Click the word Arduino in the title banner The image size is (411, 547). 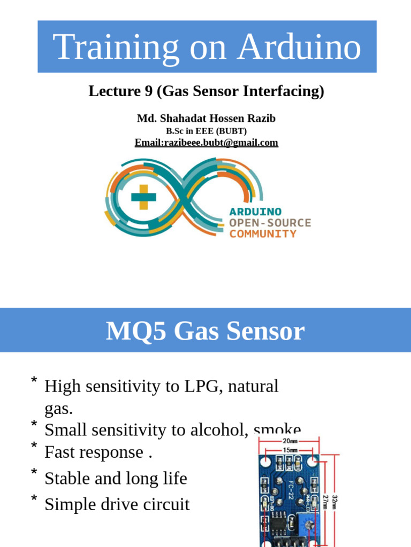[300, 46]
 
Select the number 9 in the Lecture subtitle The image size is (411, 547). [148, 91]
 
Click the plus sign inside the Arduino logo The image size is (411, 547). [143, 197]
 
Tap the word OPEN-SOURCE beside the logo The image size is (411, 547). [270, 223]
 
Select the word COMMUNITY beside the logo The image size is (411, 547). [263, 234]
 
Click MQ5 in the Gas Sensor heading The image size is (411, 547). [131, 331]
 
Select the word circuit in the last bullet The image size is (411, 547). [168, 504]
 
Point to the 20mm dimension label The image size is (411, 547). [290, 441]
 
